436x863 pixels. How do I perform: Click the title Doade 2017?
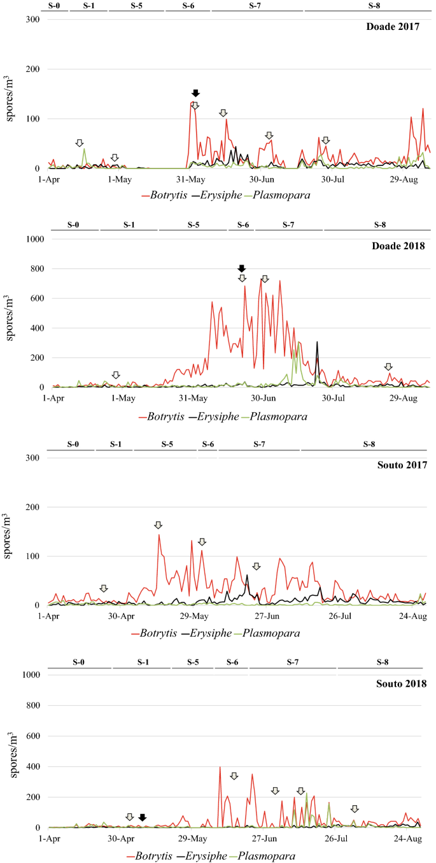click(x=392, y=27)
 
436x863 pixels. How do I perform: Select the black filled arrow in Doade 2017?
click(x=195, y=93)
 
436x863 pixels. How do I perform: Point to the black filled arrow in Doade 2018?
click(x=241, y=268)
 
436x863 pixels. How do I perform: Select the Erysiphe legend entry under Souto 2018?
click(x=201, y=856)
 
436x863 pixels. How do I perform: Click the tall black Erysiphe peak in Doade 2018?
click(x=317, y=343)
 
